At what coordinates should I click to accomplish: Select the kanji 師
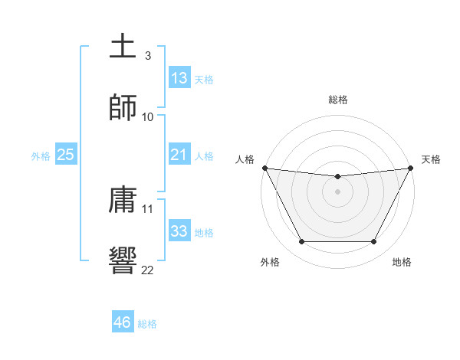(x=123, y=107)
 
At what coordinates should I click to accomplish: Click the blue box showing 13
(x=179, y=78)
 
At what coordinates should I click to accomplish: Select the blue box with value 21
(x=179, y=155)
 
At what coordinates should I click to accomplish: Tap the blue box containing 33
(x=179, y=231)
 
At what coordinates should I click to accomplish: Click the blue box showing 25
(x=65, y=155)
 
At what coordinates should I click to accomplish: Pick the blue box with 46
(x=123, y=322)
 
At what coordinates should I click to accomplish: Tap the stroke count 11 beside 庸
(x=148, y=208)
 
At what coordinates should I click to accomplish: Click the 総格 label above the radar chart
(x=338, y=100)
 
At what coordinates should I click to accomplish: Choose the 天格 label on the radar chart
(x=431, y=159)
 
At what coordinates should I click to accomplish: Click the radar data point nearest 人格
(x=264, y=168)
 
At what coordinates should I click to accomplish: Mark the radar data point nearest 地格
(x=374, y=242)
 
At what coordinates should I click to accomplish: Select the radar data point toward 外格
(x=301, y=242)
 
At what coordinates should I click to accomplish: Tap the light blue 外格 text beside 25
(x=41, y=156)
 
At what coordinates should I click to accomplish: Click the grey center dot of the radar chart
(x=338, y=191)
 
